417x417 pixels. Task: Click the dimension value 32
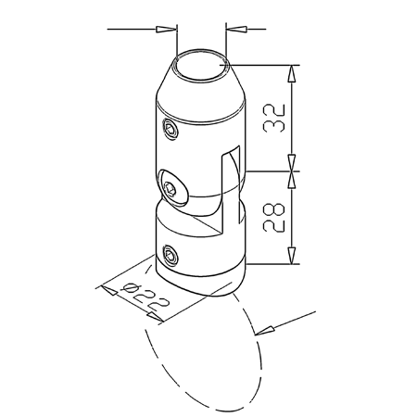(x=273, y=119)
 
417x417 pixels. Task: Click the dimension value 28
(x=273, y=218)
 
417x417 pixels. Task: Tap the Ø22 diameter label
(x=146, y=297)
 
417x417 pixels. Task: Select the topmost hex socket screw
(x=171, y=129)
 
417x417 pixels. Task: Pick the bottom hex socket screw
(x=170, y=256)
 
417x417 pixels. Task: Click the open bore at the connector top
(x=201, y=65)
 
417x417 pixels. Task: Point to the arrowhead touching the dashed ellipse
(x=265, y=331)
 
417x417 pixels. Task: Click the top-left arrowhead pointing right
(x=166, y=30)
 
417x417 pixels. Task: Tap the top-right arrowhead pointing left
(x=236, y=30)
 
